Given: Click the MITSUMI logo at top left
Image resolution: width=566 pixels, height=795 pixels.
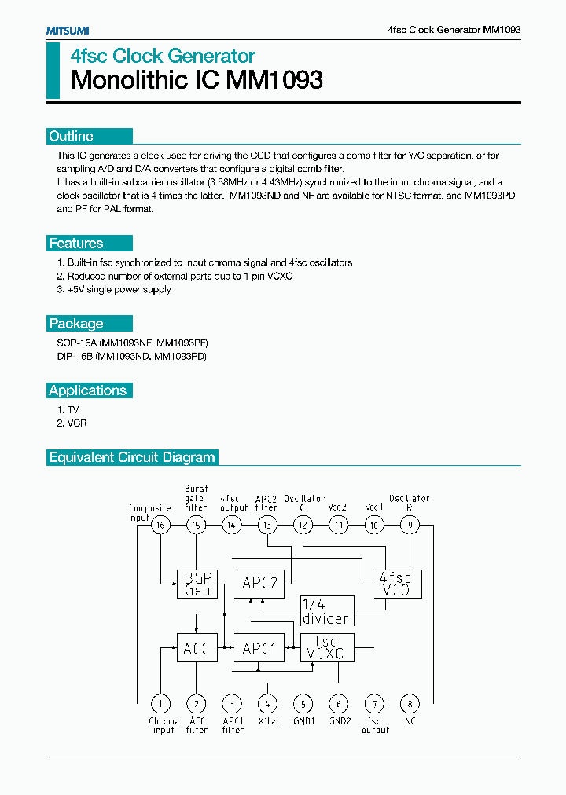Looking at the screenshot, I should [x=67, y=30].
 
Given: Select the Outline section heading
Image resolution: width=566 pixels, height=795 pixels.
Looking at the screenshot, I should [x=72, y=136].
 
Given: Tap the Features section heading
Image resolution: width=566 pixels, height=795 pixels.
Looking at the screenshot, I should [x=76, y=244].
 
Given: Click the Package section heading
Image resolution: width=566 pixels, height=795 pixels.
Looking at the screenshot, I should [x=76, y=324].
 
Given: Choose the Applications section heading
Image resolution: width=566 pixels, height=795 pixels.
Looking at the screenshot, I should [x=87, y=390].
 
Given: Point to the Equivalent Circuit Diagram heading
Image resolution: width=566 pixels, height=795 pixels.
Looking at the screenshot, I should [x=131, y=457].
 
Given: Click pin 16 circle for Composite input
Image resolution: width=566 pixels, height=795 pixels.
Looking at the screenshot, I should [x=160, y=526].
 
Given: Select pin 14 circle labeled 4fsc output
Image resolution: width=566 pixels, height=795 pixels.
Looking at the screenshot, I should [x=232, y=526].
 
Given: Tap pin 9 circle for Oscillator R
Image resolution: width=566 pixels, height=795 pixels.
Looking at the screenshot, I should [x=410, y=526].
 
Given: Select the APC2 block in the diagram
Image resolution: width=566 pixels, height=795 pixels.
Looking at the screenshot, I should [x=259, y=583].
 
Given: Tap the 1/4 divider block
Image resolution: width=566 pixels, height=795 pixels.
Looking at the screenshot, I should [x=326, y=610].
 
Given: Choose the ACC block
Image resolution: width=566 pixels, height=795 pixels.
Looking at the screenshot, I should [x=197, y=649].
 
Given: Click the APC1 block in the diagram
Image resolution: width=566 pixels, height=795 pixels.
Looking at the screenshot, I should [x=259, y=649].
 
